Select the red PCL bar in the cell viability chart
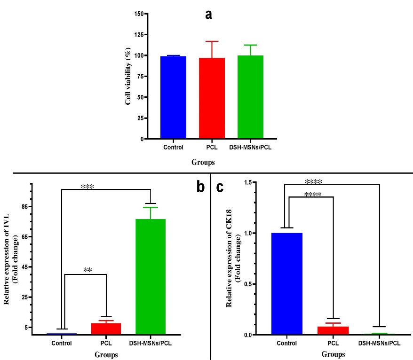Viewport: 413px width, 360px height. click(x=212, y=98)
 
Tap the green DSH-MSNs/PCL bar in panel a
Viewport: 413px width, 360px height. click(x=250, y=97)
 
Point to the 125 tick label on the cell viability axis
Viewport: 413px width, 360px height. click(x=137, y=35)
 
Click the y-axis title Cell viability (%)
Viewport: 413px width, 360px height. click(x=128, y=76)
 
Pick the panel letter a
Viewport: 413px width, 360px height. click(x=208, y=15)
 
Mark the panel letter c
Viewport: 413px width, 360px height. click(x=220, y=187)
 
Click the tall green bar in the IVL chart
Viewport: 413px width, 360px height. click(x=151, y=277)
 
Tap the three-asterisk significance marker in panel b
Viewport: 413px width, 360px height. click(x=87, y=187)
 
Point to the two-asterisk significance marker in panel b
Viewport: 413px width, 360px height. click(x=87, y=270)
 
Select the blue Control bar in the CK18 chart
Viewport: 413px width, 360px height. click(x=287, y=284)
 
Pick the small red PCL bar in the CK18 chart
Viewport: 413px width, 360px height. click(x=333, y=330)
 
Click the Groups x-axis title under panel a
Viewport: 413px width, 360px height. click(x=203, y=163)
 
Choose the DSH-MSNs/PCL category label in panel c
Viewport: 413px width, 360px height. click(x=379, y=343)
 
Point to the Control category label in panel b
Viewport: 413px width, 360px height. click(x=62, y=343)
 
